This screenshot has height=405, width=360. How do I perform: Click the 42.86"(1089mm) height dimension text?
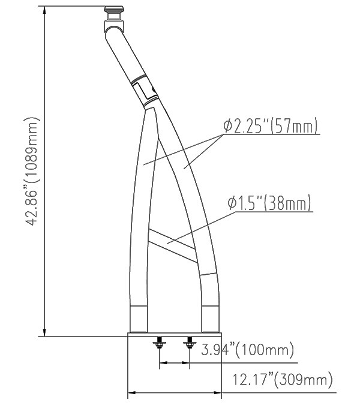32,171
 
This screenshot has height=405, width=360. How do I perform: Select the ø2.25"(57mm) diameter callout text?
271,126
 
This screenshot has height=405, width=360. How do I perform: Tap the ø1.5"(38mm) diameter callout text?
271,203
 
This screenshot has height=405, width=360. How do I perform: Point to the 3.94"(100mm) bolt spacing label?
247,349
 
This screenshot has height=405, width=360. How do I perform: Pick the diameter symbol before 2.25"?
228,126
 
